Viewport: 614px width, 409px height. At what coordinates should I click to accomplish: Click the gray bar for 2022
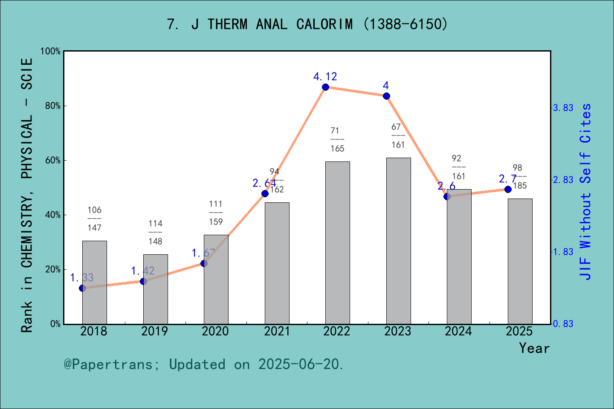(x=337, y=243)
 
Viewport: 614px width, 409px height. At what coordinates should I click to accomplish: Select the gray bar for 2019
(x=155, y=289)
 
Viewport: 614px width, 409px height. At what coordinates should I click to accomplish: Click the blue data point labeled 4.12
(x=325, y=87)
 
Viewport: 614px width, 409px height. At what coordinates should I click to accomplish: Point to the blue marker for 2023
(x=386, y=96)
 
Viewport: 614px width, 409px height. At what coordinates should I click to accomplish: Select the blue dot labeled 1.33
(x=83, y=288)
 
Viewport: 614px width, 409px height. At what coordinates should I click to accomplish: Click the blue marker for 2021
(x=265, y=193)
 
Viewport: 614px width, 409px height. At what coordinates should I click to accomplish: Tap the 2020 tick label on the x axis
(x=215, y=331)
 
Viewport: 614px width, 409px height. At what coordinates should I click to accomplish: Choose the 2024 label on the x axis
(x=458, y=331)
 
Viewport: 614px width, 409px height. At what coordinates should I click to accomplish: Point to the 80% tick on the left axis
(x=53, y=106)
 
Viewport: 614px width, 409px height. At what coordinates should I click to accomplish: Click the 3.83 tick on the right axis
(x=563, y=108)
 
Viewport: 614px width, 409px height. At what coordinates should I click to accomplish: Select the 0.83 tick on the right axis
(x=563, y=324)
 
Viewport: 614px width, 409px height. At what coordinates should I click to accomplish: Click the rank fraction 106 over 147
(x=94, y=219)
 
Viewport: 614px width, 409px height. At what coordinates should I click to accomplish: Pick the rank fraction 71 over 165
(x=337, y=139)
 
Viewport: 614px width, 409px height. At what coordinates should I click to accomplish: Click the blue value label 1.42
(x=142, y=271)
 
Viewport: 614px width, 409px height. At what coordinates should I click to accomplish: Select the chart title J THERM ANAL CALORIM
(x=307, y=24)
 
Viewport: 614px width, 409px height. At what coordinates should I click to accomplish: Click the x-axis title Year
(x=534, y=348)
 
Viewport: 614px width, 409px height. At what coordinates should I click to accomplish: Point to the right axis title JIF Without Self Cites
(x=586, y=192)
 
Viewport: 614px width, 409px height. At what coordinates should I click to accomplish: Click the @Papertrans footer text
(x=204, y=364)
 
